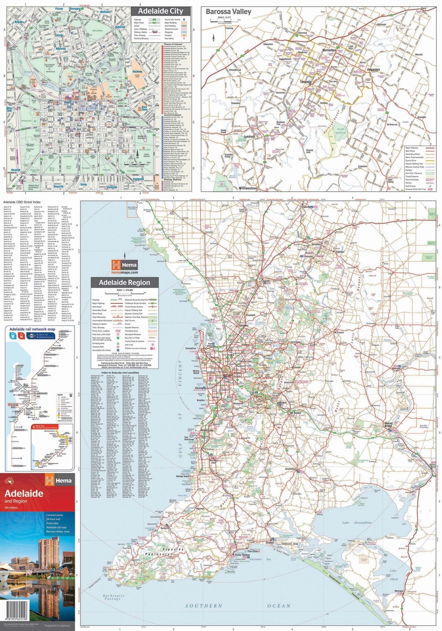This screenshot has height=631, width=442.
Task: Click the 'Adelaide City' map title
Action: click(160, 11)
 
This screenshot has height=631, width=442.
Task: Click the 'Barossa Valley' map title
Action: click(229, 12)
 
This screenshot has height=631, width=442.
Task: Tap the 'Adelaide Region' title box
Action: click(129, 283)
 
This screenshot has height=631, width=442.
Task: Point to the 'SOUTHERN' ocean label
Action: click(204, 605)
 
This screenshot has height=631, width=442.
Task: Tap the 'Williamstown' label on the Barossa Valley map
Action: click(248, 188)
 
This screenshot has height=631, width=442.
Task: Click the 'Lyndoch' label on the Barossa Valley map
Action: click(249, 136)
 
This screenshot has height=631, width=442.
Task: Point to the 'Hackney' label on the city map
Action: click(137, 71)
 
